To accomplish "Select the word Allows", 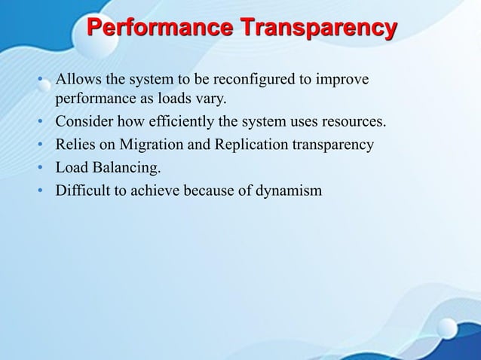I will [x=77, y=80].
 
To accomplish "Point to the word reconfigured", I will [x=256, y=80].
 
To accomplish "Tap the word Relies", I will [x=75, y=145].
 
